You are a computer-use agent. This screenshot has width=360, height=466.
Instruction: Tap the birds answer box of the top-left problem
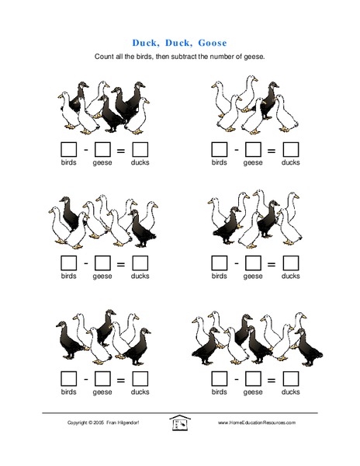click(x=70, y=148)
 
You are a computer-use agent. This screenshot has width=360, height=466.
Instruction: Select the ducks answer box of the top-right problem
click(x=290, y=148)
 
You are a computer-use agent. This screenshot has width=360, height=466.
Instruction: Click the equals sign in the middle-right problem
click(x=272, y=263)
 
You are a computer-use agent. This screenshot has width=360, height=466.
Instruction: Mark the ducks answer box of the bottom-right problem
click(x=290, y=378)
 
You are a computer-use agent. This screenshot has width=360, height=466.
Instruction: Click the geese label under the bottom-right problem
click(x=253, y=392)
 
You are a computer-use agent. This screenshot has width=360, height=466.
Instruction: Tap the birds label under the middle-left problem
click(x=70, y=276)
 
